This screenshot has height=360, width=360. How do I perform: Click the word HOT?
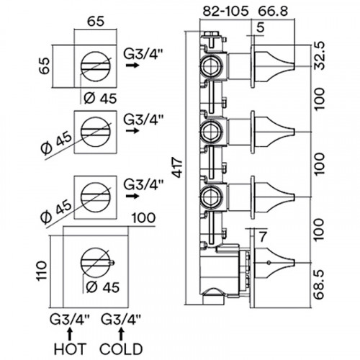[x=70, y=348]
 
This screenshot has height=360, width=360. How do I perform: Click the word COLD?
[x=121, y=348]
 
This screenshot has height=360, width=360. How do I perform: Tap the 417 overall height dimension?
[x=178, y=167]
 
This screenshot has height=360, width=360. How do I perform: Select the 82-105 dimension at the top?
[x=225, y=11]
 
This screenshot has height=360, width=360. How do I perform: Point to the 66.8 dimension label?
[x=273, y=11]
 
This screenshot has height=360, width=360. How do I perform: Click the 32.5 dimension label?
[x=320, y=55]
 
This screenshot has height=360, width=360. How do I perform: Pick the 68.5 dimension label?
[x=320, y=284]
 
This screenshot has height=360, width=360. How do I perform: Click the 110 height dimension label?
[x=42, y=271]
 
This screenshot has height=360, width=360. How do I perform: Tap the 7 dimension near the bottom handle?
[x=263, y=237]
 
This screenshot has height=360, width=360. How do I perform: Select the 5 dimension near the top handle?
[x=260, y=27]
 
